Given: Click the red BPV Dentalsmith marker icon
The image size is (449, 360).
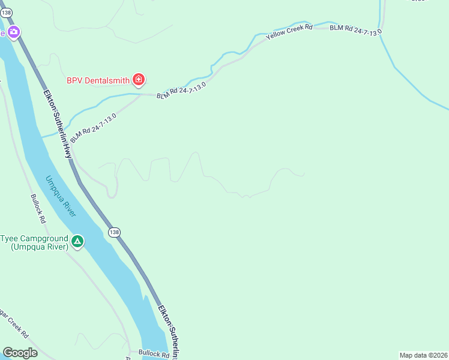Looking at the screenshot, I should [139, 79].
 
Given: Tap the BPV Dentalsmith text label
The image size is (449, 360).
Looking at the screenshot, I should [98, 79].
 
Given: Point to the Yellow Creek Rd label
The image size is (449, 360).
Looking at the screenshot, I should [291, 31].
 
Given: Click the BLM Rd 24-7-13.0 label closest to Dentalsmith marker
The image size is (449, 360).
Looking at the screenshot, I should [181, 91].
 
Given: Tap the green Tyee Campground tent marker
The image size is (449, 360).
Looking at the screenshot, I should [77, 241].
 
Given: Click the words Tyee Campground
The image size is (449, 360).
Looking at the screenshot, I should [34, 238].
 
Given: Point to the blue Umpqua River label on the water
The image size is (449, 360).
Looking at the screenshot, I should [61, 196].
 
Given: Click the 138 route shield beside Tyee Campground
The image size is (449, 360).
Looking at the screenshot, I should [114, 232].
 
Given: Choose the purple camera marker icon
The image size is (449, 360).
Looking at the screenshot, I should [13, 32].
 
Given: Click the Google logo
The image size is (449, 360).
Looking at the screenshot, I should [20, 353].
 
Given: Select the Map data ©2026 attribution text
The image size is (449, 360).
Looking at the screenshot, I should [423, 355].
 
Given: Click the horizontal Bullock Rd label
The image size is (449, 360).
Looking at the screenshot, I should [154, 353].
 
